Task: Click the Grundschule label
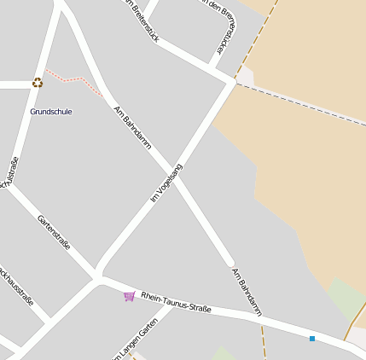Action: [x=51, y=112]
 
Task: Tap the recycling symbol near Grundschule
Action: [x=38, y=83]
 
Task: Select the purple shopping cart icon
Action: [x=129, y=296]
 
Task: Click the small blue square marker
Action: [x=312, y=339]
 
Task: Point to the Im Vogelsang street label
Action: [x=166, y=183]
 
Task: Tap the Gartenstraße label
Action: [x=54, y=232]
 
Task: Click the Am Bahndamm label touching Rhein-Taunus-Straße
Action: [x=246, y=291]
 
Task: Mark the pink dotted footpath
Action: [x=73, y=80]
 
